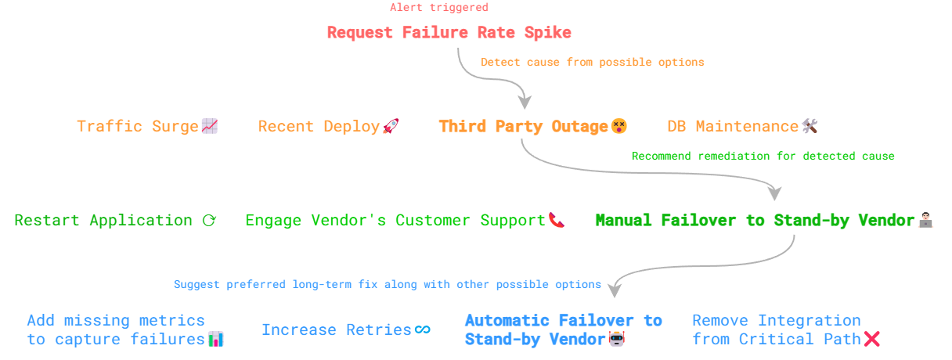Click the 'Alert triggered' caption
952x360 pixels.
[x=438, y=8]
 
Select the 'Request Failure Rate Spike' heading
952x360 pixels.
[x=449, y=33]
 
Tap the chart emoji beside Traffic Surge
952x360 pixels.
[x=209, y=126]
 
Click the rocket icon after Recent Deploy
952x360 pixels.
[x=391, y=126]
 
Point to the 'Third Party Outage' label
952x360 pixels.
[x=523, y=126]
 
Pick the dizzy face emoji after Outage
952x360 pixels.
[x=619, y=126]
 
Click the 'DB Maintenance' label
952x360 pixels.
[x=732, y=126]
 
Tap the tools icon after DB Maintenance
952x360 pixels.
[x=810, y=126]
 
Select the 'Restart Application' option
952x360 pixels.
[x=103, y=221]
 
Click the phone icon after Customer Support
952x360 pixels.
[x=556, y=221]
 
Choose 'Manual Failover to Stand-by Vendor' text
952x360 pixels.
[x=755, y=221]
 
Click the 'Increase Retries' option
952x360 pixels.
[x=337, y=330]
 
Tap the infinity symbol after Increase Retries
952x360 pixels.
[x=423, y=330]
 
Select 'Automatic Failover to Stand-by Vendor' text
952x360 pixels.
[x=563, y=329]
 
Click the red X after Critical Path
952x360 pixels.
[x=871, y=339]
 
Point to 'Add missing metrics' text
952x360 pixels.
[x=116, y=320]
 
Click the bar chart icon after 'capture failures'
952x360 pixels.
[x=215, y=340]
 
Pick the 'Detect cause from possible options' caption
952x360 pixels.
[x=592, y=62]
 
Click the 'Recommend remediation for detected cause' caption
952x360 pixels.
[x=763, y=156]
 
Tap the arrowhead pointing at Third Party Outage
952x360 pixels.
[x=525, y=103]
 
